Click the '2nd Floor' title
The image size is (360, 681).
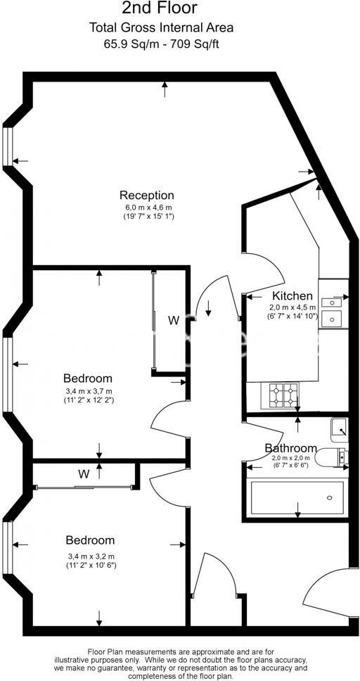coord(160,9)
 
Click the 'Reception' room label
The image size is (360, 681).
coord(146,195)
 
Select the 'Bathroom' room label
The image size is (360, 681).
coord(290,448)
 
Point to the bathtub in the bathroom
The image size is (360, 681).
coord(297,498)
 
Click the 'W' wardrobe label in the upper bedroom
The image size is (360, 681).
coord(173,321)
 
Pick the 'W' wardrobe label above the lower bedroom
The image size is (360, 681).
coord(84,474)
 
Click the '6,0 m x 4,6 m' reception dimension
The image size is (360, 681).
coord(148,208)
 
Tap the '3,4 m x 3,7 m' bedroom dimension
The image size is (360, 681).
coord(89,391)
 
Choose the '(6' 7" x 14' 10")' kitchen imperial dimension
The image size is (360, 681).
coord(293,317)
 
